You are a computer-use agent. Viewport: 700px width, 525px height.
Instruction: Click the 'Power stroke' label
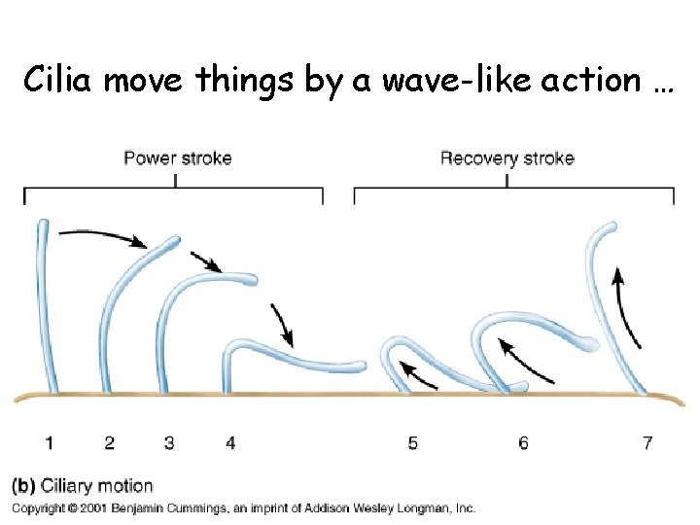point(177,157)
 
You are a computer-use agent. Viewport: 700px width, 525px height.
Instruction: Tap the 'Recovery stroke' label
point(507,157)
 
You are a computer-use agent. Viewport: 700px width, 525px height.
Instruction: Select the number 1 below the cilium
point(49,443)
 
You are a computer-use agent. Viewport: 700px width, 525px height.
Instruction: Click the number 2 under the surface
point(109,443)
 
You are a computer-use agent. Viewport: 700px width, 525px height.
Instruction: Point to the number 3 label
point(169,443)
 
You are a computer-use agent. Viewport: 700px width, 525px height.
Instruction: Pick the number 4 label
point(230,443)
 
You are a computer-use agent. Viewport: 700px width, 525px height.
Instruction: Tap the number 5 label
point(413,443)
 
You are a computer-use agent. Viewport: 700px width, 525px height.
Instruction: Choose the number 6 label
point(523,443)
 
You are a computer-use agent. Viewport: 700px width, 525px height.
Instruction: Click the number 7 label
point(647,443)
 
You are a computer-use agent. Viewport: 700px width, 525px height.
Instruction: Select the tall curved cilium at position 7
point(595,292)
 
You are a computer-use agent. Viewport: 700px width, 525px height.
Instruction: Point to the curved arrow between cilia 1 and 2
point(102,235)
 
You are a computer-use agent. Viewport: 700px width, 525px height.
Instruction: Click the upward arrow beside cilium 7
point(626,306)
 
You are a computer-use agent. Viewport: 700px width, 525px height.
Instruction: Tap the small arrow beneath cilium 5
point(418,371)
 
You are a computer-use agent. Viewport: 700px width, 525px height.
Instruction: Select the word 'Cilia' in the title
point(58,80)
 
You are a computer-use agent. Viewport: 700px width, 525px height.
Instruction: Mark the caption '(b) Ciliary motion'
point(83,486)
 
